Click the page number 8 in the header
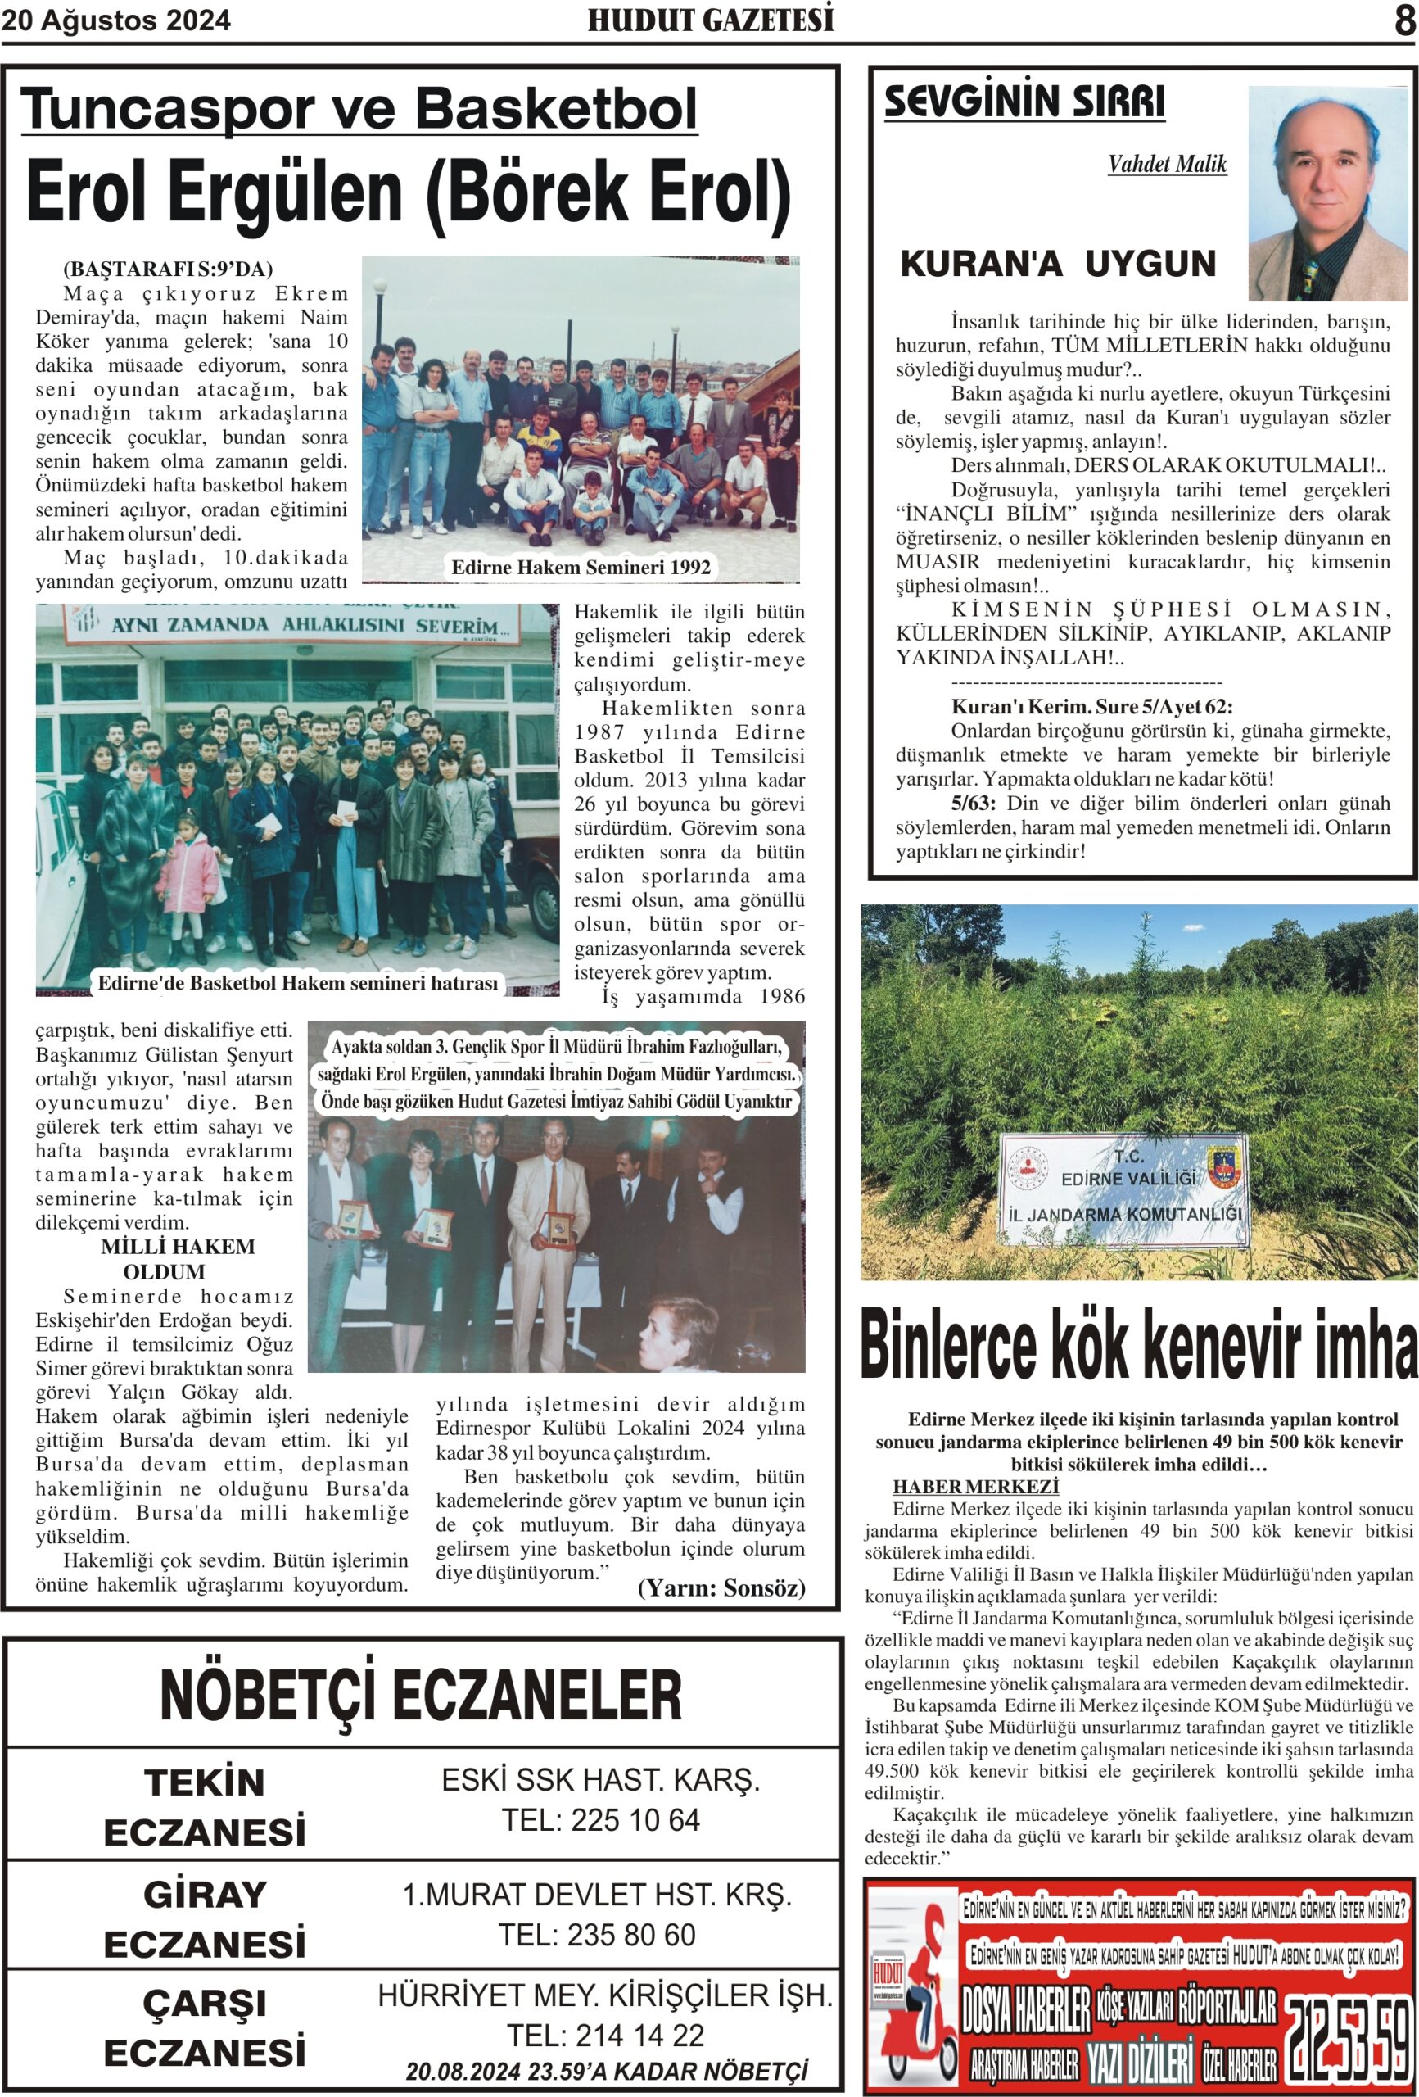1403,20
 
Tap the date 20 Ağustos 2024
116,20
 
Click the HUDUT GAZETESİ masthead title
710,20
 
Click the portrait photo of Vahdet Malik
1327,193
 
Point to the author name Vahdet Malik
1167,164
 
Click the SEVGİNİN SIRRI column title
1024,101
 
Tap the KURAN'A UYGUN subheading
1057,264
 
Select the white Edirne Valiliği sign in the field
1123,1189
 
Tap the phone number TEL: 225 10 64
600,1820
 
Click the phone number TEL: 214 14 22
604,2036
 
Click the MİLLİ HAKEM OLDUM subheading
177,1259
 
